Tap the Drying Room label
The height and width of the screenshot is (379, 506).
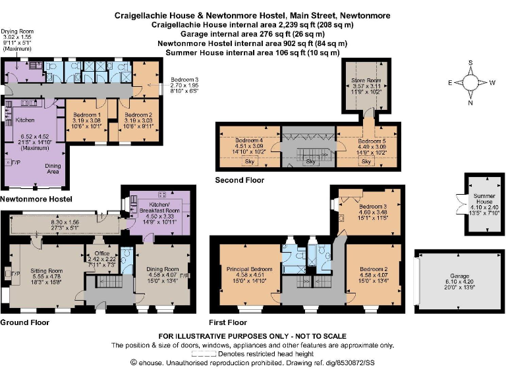17,31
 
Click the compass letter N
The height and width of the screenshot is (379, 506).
470,103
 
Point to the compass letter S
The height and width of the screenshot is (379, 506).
470,63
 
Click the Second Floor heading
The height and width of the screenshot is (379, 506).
240,180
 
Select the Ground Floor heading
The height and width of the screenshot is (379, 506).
24,322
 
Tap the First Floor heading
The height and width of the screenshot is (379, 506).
228,322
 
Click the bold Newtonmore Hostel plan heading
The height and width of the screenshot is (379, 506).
36,198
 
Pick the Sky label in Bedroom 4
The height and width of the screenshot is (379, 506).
250,161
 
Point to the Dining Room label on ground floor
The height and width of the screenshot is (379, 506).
162,269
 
